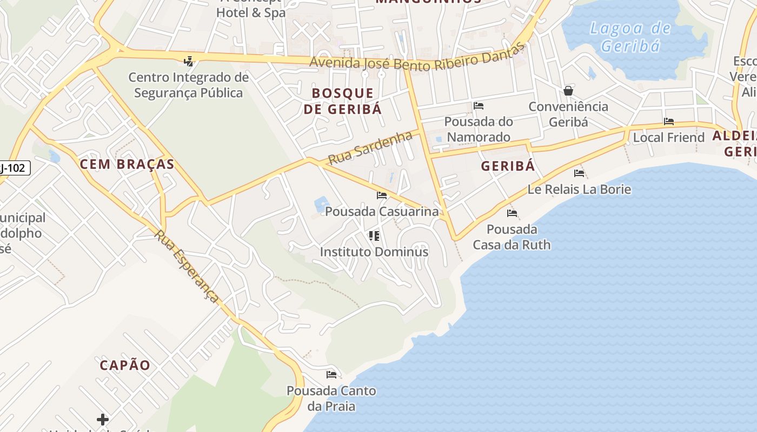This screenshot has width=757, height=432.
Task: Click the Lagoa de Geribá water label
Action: [x=630, y=37]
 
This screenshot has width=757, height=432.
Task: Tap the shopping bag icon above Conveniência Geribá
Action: [x=568, y=91]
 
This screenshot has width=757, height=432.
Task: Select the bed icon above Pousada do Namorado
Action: [x=478, y=105]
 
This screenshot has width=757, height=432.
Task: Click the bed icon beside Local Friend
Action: [x=669, y=122]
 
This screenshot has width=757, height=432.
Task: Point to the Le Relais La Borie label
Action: [x=579, y=190]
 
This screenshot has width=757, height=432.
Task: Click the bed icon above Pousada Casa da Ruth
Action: [x=512, y=213]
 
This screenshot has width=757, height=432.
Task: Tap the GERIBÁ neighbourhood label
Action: [x=508, y=166]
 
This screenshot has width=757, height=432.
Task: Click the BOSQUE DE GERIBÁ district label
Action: [x=342, y=101]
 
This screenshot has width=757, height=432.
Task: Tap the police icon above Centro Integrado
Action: [x=188, y=62]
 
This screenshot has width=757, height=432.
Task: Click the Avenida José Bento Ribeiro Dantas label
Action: [x=417, y=60]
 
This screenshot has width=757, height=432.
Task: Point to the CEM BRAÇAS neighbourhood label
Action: [x=127, y=164]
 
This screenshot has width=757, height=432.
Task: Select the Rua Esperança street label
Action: [x=187, y=266]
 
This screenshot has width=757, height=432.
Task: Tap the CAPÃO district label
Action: [x=125, y=365]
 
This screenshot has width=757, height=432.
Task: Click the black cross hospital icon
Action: [x=102, y=419]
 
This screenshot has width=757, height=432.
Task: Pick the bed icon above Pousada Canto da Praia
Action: [x=331, y=374]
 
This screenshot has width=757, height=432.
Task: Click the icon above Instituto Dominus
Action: [x=374, y=236]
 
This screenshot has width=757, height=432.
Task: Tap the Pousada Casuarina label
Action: [x=382, y=211]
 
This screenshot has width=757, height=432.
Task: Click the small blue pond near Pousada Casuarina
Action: [x=321, y=204]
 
